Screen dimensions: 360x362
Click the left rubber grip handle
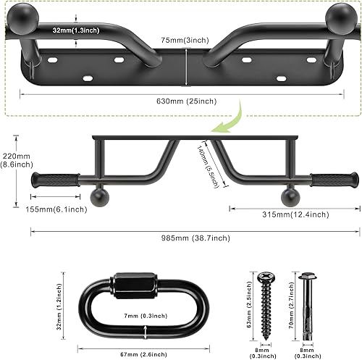click(x=54, y=179)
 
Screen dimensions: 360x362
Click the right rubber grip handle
click(x=334, y=178)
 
